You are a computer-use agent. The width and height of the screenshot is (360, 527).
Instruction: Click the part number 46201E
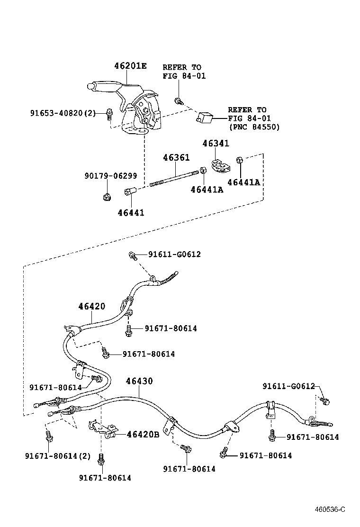(x=130, y=66)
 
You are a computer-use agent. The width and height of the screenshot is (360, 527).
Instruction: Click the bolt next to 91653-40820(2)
(x=109, y=113)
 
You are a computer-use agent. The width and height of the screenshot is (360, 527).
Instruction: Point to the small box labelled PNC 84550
(x=205, y=117)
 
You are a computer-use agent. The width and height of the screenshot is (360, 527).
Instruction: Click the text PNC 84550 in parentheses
(x=254, y=127)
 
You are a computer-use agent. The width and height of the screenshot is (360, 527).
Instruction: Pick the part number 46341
(x=216, y=143)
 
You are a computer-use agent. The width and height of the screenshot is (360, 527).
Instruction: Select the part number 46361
(x=176, y=157)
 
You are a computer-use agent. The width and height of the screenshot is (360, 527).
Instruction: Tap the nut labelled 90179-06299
(x=107, y=196)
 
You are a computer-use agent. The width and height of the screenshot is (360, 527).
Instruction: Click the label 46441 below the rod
(x=131, y=213)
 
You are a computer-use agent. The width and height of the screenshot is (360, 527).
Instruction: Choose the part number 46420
(x=92, y=307)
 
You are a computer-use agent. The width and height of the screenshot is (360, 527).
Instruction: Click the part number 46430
(x=139, y=381)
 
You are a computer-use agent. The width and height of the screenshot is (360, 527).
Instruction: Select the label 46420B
(x=143, y=434)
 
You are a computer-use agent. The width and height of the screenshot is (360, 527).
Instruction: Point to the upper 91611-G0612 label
(x=174, y=254)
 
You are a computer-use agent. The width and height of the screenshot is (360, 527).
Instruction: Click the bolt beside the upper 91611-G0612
(x=133, y=256)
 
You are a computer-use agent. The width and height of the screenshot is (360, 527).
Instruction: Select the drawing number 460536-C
(x=331, y=509)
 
